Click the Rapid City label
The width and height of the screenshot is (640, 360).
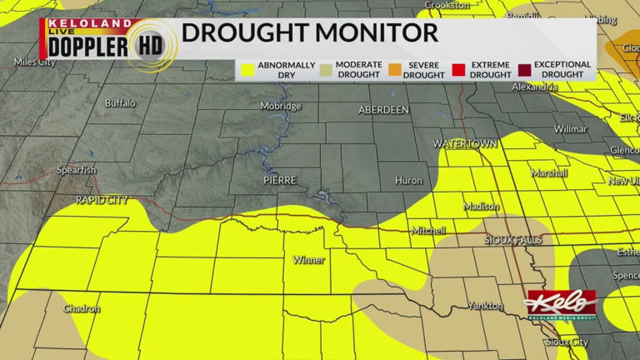(102, 200)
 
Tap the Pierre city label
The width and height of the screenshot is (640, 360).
(279, 180)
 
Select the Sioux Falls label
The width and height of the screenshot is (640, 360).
(512, 240)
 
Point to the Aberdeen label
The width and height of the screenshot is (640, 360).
(383, 110)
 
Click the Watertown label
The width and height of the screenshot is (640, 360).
(464, 144)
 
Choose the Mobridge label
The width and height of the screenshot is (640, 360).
(281, 107)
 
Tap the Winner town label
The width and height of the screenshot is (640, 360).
(308, 260)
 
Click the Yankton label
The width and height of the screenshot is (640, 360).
(484, 306)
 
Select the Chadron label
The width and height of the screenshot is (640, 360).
(82, 308)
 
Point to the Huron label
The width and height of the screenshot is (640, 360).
(408, 180)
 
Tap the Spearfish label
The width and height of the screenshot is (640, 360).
(77, 170)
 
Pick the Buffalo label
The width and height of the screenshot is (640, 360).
(120, 103)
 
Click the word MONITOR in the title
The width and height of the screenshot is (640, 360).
(376, 33)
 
